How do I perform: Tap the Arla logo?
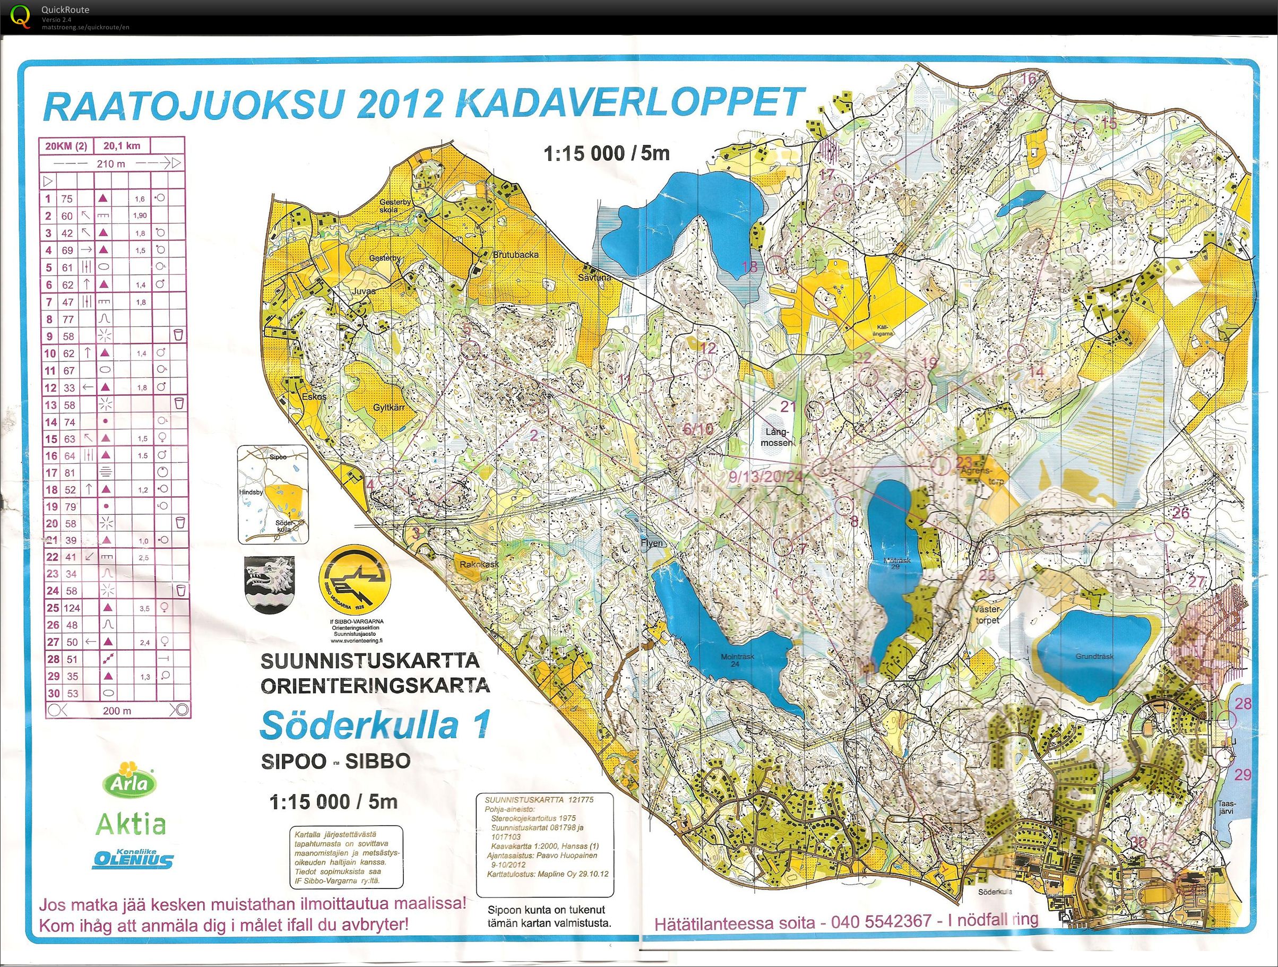[130, 780]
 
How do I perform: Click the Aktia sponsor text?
[131, 824]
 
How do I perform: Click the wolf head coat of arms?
[269, 584]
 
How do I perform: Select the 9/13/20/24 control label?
[765, 477]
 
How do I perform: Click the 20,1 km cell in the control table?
[122, 146]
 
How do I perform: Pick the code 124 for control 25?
[72, 608]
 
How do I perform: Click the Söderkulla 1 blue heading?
[375, 725]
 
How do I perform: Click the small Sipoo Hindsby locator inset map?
[273, 495]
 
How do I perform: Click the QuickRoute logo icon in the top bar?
[21, 15]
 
